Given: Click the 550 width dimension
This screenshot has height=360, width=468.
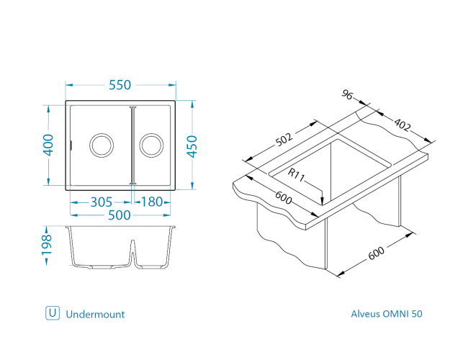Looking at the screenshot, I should pos(120,85).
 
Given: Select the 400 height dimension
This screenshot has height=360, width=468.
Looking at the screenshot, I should pos(48,145).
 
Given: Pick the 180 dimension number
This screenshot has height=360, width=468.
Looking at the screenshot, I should pos(153,202).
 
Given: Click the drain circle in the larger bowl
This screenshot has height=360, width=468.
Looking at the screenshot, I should pos(100,145).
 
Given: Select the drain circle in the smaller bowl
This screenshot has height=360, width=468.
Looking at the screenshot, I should pos(151,145).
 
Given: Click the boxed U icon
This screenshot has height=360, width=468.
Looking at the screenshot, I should pos(52,313).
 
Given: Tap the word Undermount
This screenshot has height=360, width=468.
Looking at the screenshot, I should pos(95,314).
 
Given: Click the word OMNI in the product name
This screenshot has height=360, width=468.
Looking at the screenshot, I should pos(395,314).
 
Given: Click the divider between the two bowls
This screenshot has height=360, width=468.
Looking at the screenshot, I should pos(132,145).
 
